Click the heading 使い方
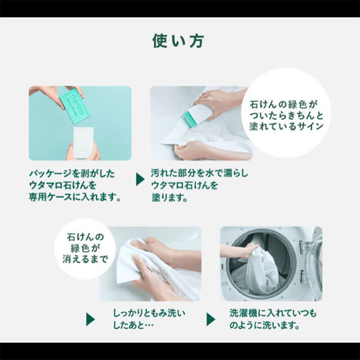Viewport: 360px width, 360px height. pos(178,41)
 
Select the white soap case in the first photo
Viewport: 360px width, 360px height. pos(83,142)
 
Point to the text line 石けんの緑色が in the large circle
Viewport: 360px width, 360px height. pos(284,104)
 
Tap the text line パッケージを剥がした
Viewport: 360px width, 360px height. pos(72,173)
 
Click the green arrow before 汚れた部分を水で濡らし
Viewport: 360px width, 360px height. pos(140,179)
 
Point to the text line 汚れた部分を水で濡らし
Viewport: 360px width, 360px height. pos(200,173)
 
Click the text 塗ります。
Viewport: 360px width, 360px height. pos(170,197)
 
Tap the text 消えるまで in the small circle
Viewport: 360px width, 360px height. pos(85,260)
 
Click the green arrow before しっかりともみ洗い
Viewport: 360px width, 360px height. pos(90,319)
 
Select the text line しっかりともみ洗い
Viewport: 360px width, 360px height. pos(149,313)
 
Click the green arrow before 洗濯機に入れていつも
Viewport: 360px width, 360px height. pos(211,319)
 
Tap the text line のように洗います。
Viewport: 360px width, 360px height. pos(264,325)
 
